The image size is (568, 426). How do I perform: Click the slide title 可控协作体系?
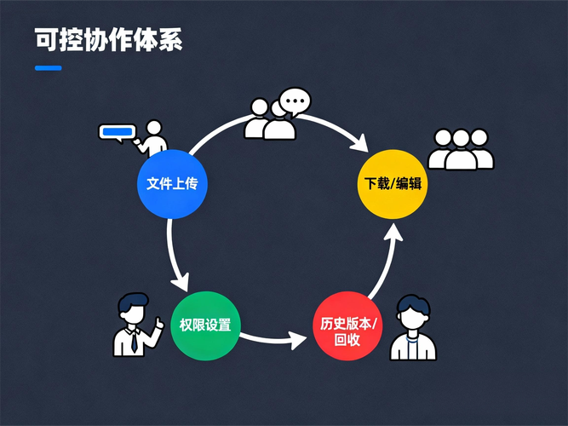(108, 39)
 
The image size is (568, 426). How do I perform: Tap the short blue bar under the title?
(49, 68)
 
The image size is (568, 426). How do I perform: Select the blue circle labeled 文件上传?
(172, 184)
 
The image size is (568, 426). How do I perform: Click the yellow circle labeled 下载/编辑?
(393, 184)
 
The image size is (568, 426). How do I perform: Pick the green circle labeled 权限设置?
(205, 325)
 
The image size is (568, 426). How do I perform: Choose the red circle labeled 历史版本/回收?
(347, 325)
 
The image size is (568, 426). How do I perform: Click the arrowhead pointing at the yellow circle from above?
(359, 144)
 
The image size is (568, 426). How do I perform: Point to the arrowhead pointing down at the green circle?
(181, 282)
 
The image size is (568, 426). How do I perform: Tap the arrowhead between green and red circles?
(299, 340)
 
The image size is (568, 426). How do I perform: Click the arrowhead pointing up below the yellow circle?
(393, 232)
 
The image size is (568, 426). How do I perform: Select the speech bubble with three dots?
(295, 101)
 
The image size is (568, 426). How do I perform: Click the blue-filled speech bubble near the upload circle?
(118, 133)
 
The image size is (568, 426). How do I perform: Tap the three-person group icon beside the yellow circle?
(461, 149)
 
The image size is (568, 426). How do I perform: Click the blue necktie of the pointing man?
(135, 343)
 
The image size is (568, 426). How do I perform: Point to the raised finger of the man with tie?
(158, 321)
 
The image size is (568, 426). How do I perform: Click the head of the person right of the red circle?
(413, 313)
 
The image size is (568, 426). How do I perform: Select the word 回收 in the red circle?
(347, 341)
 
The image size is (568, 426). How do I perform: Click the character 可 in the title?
(46, 39)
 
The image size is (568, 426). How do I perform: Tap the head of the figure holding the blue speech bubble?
(154, 128)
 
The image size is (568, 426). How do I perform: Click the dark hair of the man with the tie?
(133, 302)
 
